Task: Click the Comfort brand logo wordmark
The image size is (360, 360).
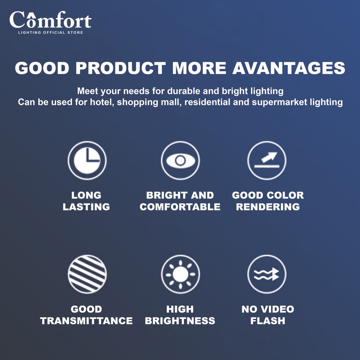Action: [x=51, y=20]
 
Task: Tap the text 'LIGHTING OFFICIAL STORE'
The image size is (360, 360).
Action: [x=51, y=33]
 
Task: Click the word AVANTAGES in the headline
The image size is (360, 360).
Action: [x=289, y=68]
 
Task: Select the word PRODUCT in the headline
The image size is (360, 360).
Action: [x=121, y=68]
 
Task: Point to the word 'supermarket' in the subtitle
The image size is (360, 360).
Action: [x=279, y=102]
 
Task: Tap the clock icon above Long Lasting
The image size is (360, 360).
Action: [x=87, y=160]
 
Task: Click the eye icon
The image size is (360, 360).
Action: [x=180, y=160]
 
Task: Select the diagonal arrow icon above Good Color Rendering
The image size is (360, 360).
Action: [x=267, y=160]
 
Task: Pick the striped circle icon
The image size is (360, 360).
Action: [x=87, y=274]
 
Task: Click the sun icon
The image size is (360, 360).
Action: [x=180, y=274]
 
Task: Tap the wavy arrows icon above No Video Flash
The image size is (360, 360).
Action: [x=267, y=274]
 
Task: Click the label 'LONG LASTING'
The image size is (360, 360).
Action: [x=86, y=201]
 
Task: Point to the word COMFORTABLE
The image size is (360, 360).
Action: [x=180, y=207]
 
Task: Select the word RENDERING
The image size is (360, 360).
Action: [x=268, y=207]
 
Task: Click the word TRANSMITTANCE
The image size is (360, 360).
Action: [x=86, y=321]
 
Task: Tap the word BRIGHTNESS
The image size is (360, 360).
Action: [x=180, y=321]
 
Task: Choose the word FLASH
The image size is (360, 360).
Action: [x=268, y=321]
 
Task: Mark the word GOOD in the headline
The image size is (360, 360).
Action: [x=42, y=68]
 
